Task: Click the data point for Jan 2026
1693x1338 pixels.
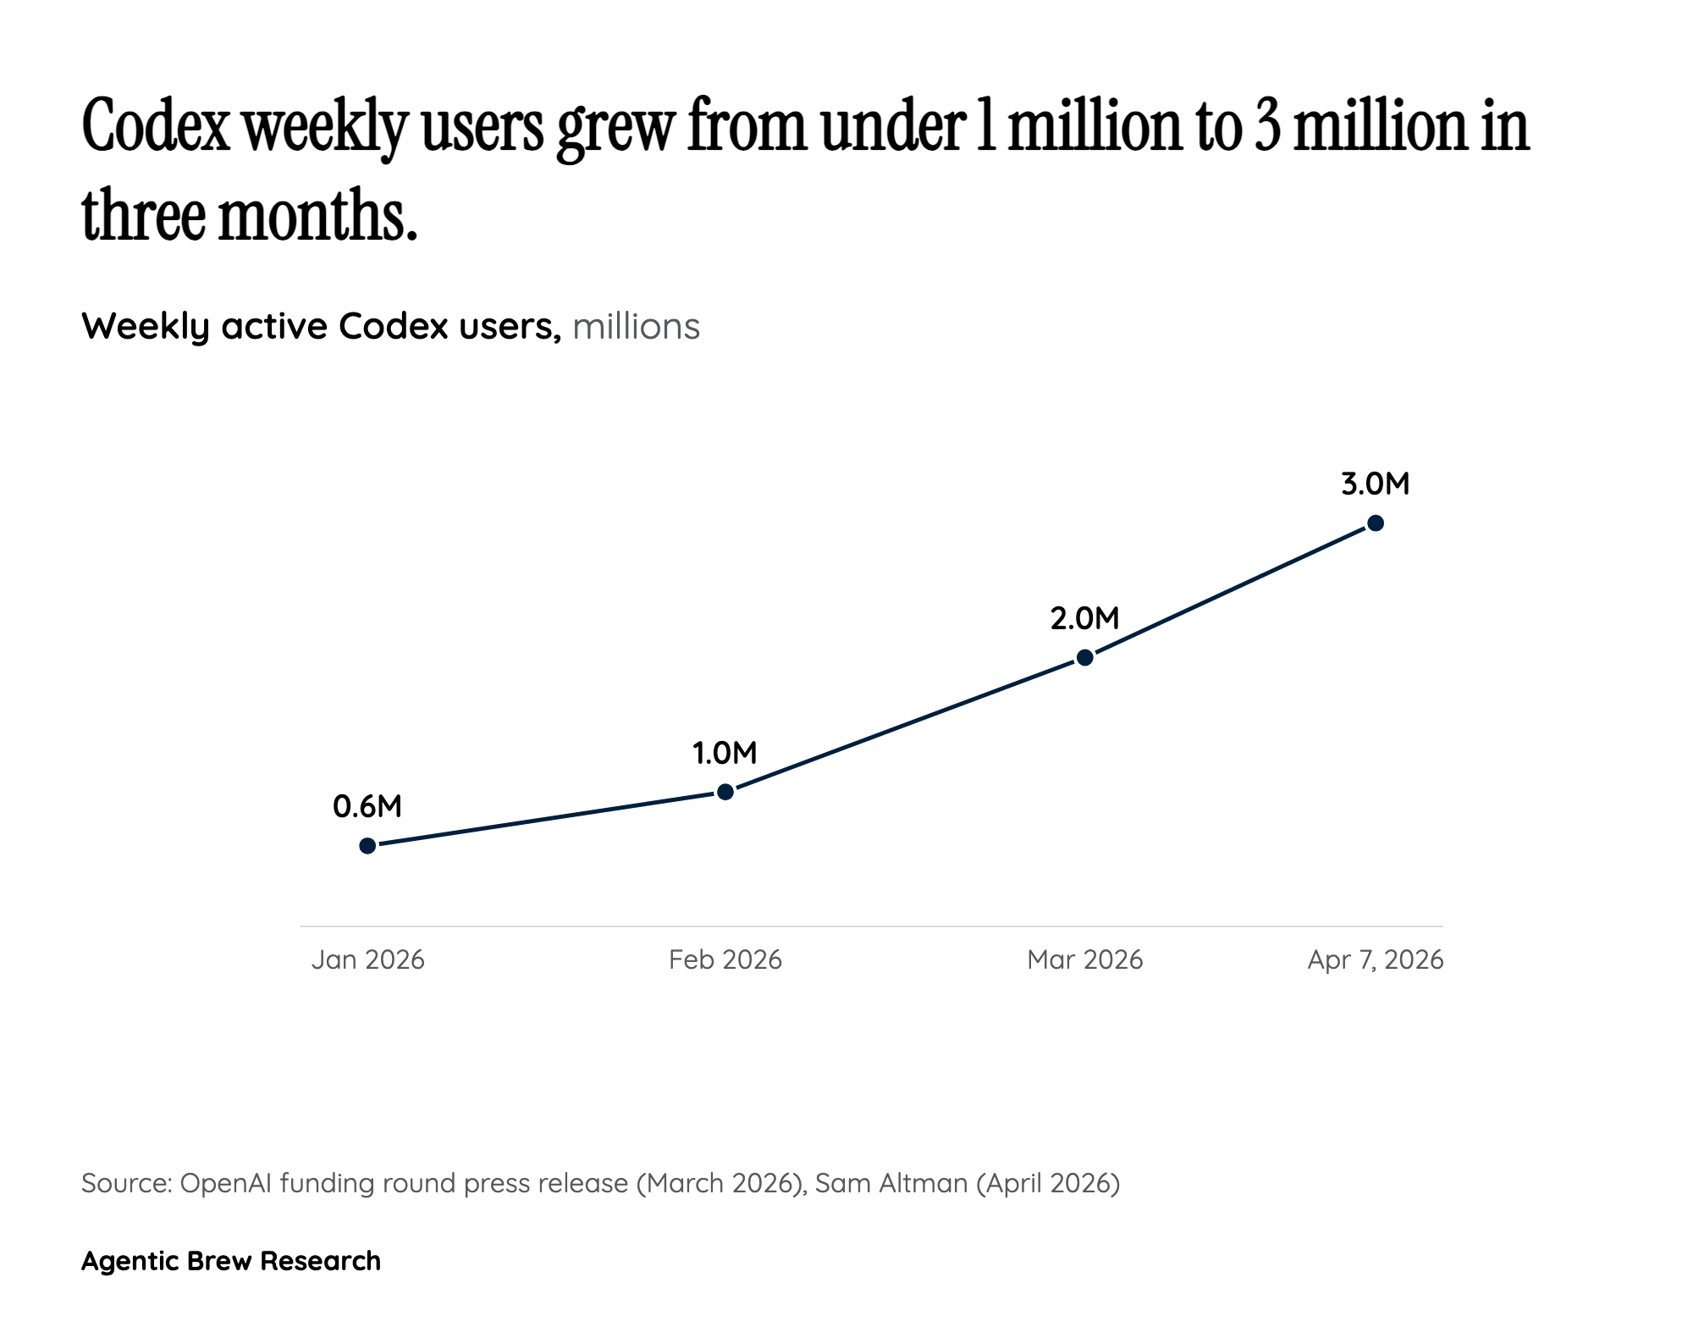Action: [x=367, y=845]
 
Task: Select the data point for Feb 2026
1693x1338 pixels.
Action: [x=725, y=792]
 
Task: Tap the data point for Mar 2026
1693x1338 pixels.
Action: [x=1085, y=657]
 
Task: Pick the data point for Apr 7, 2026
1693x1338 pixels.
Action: [x=1376, y=523]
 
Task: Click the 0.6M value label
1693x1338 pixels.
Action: [x=367, y=806]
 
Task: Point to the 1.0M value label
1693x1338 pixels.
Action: [x=725, y=753]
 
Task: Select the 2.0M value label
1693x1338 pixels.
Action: [x=1084, y=619]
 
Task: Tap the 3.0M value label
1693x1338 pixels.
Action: [x=1376, y=484]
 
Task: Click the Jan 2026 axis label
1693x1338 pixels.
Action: [x=368, y=959]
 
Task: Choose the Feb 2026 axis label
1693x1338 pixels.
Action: [x=725, y=959]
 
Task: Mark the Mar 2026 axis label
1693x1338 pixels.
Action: [x=1085, y=959]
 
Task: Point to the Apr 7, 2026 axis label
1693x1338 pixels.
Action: [x=1376, y=959]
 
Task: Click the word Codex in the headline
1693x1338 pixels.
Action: [x=157, y=127]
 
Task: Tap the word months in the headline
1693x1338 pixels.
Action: [x=318, y=215]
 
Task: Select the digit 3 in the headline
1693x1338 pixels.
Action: [x=1267, y=127]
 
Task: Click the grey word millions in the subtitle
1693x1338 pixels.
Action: [x=636, y=327]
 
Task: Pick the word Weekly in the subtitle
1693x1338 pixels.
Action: [x=145, y=327]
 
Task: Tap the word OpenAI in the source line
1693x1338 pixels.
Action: [x=226, y=1182]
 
